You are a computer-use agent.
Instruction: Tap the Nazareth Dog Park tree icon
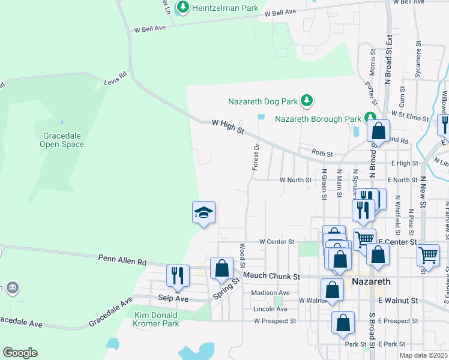tap(307, 100)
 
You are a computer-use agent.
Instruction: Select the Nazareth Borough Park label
tap(318, 118)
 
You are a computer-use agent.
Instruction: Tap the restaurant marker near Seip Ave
tap(177, 276)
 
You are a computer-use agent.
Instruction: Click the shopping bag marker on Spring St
tap(221, 269)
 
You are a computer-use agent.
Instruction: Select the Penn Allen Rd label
tap(122, 259)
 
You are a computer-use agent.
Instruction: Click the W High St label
tap(228, 127)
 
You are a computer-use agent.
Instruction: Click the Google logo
tap(20, 353)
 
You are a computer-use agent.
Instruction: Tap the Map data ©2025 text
tap(423, 355)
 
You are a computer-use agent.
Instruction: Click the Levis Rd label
tap(116, 79)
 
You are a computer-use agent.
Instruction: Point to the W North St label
tap(295, 179)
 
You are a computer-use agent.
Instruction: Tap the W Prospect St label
tap(275, 321)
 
